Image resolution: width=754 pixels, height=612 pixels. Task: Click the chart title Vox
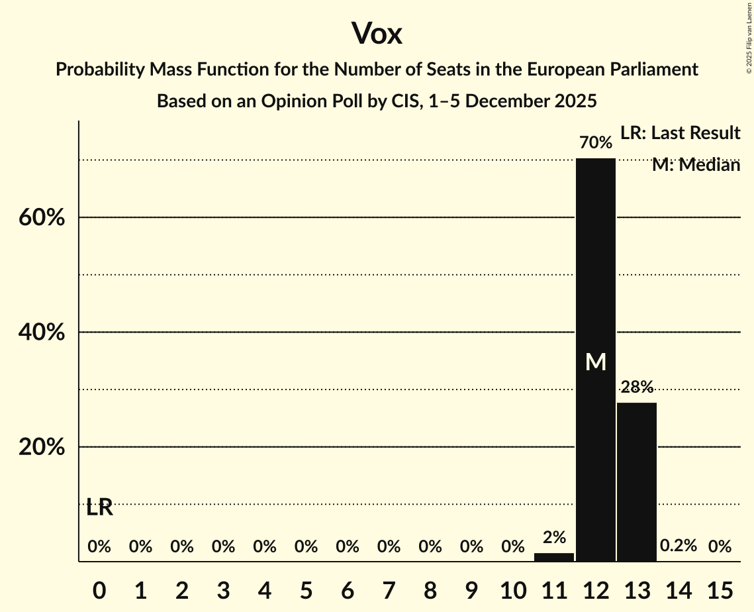coord(377,33)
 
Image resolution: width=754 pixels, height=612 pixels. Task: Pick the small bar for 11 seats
coord(554,557)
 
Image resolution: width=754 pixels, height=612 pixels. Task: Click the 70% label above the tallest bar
coord(596,142)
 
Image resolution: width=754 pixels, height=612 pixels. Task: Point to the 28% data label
coord(637,387)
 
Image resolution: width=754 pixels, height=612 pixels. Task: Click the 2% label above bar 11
coord(554,538)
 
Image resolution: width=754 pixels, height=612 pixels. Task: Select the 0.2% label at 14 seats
coord(679,546)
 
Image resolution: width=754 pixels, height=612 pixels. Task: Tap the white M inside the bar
coord(596,362)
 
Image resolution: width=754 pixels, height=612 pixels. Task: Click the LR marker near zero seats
coord(99,508)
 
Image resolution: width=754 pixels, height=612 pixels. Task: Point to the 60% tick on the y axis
coord(42,217)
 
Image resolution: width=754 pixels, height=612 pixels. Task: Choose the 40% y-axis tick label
coord(42,332)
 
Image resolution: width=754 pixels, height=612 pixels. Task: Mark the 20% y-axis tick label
coord(42,448)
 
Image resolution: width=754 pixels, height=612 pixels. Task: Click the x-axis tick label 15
coord(720,589)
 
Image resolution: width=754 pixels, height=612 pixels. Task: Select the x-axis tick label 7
coord(389,589)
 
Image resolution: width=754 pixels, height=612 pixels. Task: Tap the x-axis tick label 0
coord(99,589)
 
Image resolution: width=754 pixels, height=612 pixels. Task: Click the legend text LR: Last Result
coord(680,133)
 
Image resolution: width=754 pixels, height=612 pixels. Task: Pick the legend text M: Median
coord(696,165)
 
